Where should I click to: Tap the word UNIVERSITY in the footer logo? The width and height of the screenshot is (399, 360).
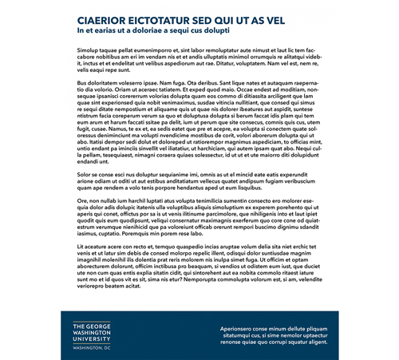92,340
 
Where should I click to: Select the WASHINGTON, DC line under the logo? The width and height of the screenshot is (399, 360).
91,349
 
